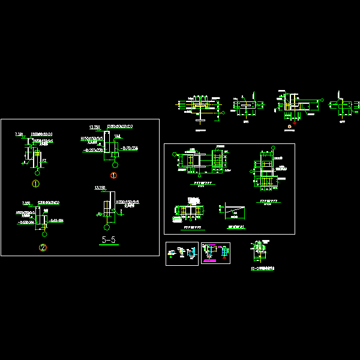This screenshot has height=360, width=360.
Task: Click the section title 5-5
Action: point(108,241)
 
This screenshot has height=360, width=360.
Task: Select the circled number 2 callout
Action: point(42,248)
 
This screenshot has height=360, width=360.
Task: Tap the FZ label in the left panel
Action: point(43,161)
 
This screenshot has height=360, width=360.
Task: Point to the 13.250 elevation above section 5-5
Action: point(100,188)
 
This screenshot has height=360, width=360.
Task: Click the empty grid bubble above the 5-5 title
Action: point(107,227)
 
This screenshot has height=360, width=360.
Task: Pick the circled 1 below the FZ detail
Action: point(35,183)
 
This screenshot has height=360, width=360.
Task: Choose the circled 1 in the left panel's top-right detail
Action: point(113,175)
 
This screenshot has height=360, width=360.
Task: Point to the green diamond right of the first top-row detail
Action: point(223,112)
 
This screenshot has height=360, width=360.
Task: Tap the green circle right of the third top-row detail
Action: point(322,100)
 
